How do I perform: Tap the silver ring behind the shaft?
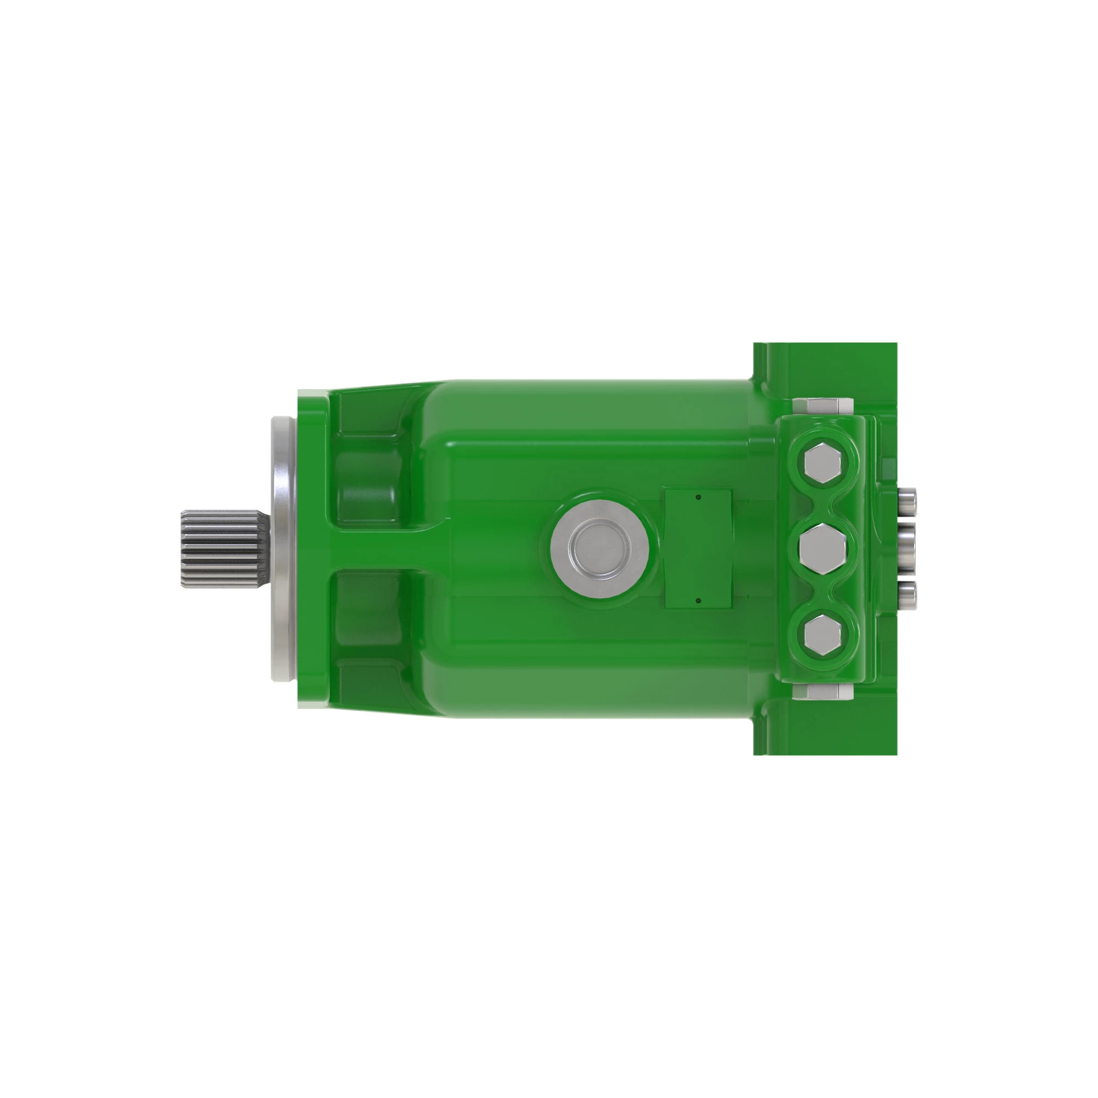coord(283,549)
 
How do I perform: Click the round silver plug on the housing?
coord(600,548)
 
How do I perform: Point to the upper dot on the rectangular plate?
coord(698,497)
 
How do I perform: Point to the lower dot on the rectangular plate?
coord(698,600)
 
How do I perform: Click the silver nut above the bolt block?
coord(822,406)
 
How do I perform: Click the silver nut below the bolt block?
coord(822,692)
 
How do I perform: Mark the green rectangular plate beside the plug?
coord(698,548)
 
